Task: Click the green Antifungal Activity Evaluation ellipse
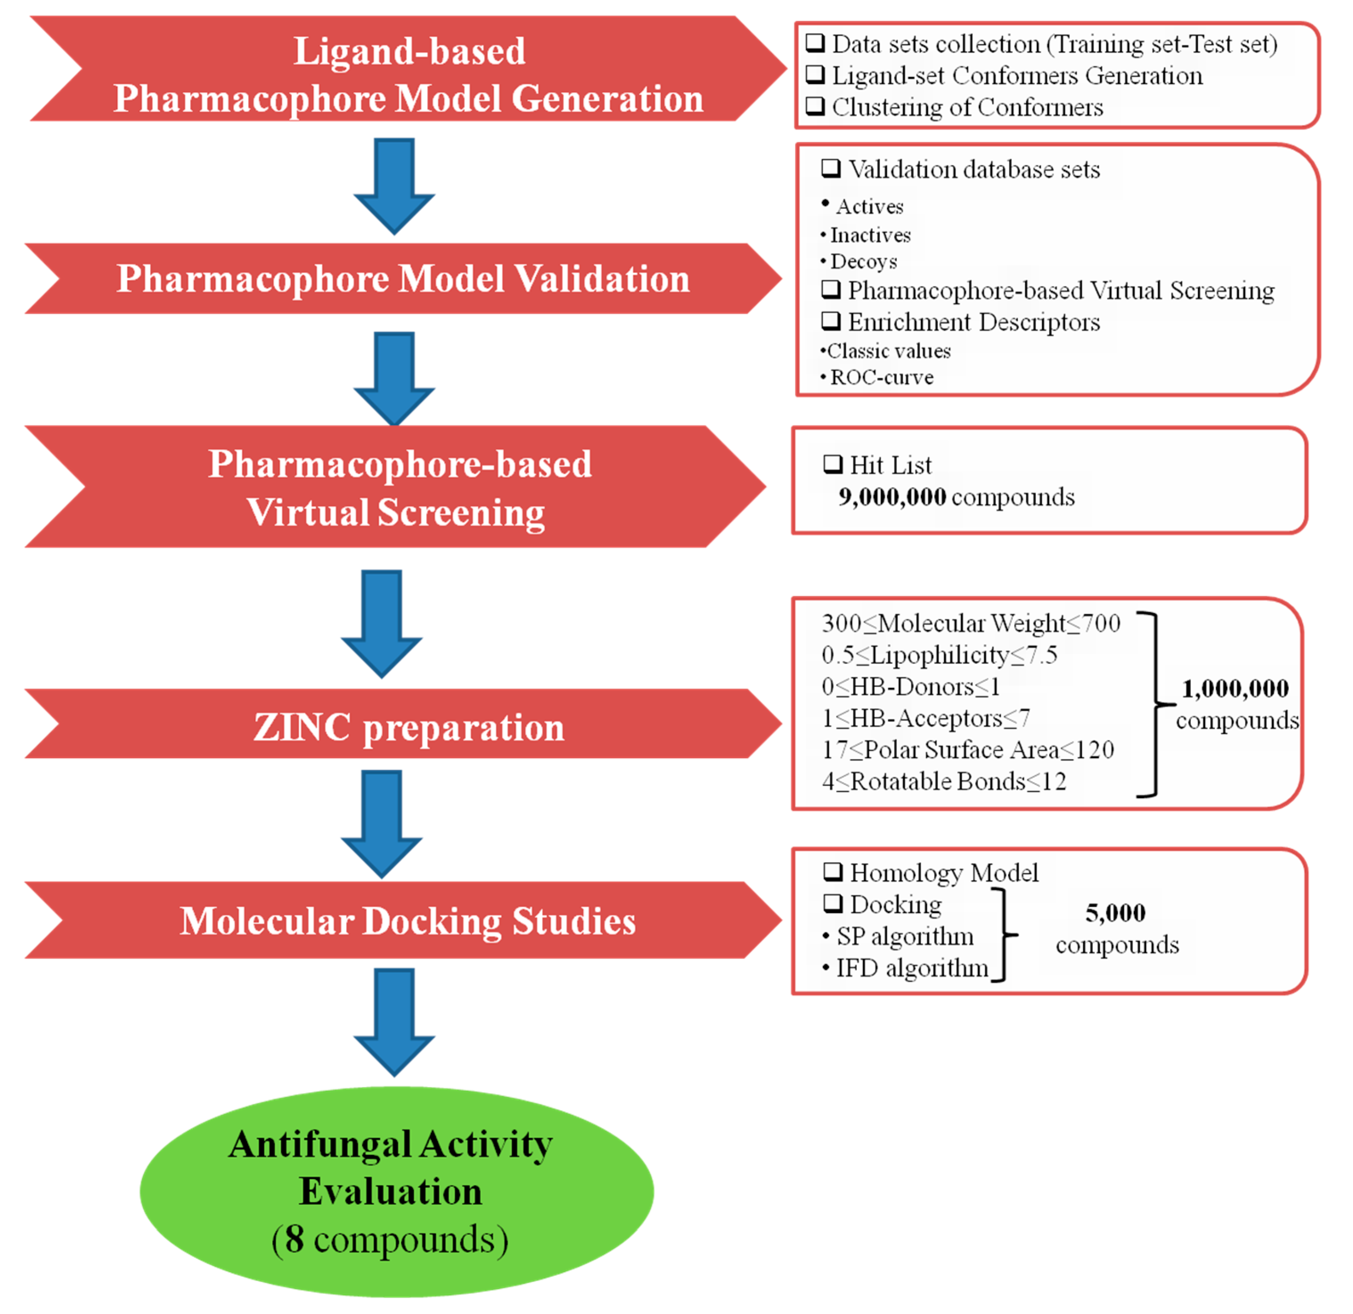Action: pyautogui.click(x=397, y=1191)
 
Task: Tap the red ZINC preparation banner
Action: pyautogui.click(x=407, y=727)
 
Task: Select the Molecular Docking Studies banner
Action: pyautogui.click(x=407, y=921)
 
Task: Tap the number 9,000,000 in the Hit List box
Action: pyautogui.click(x=892, y=497)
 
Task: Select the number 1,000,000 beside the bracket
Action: pyautogui.click(x=1235, y=689)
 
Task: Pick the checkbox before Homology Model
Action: pyautogui.click(x=834, y=872)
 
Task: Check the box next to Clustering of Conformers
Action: pyautogui.click(x=816, y=106)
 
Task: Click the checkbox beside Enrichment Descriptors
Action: pyautogui.click(x=831, y=321)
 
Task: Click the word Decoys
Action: pyautogui.click(x=864, y=262)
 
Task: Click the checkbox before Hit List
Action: pyautogui.click(x=834, y=464)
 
